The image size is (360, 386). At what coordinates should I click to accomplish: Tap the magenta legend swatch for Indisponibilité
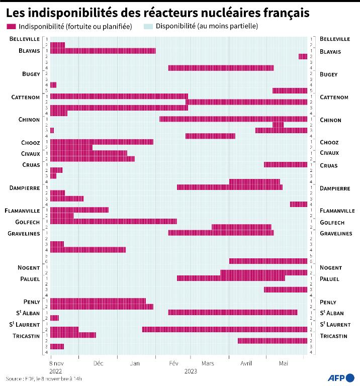coord(10,26)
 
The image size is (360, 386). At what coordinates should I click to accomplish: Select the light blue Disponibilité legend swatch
coord(147,26)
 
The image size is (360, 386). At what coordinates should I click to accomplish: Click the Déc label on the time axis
coord(98,362)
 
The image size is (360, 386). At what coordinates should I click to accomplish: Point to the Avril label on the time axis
coord(246,362)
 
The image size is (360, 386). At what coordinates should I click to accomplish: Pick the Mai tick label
coord(284,362)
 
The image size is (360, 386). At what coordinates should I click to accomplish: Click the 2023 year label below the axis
coord(191,371)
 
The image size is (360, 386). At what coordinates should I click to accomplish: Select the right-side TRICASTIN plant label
coord(333,336)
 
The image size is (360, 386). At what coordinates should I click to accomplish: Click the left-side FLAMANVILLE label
coord(25,211)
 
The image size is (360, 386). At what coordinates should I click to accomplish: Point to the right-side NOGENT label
coord(330,267)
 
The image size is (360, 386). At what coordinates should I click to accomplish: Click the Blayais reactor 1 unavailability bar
coord(103,51)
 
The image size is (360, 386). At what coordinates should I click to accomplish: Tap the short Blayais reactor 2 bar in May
coord(303,56)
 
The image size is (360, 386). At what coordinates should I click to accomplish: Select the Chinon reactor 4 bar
coord(210,136)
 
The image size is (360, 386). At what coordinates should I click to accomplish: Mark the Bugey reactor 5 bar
coord(290,90)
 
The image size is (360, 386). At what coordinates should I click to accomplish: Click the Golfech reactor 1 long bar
coord(113,221)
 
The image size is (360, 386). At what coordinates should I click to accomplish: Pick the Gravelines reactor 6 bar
coord(268,261)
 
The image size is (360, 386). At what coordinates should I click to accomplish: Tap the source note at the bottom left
coord(44,378)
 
